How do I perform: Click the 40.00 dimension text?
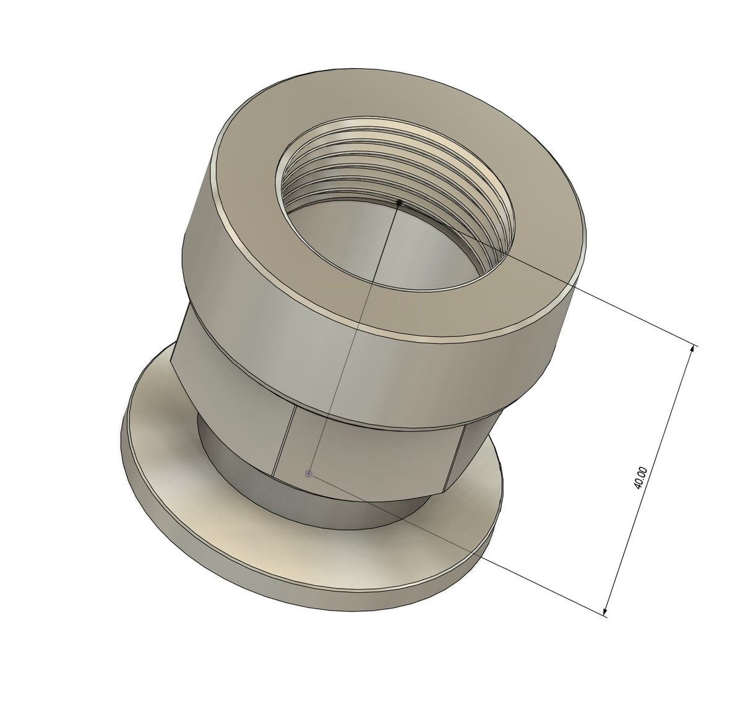coord(642,478)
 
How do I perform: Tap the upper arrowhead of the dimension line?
coord(694,348)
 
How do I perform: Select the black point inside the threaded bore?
coord(399,202)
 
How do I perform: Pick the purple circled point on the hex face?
coord(309,474)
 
